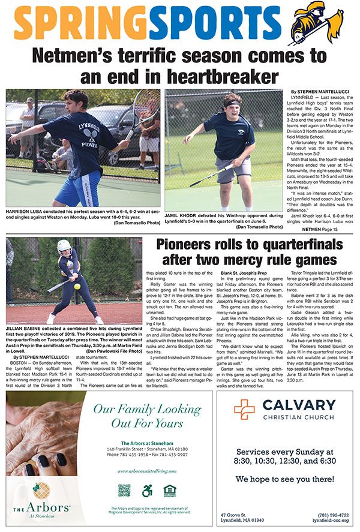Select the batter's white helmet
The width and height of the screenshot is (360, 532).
point(64,246)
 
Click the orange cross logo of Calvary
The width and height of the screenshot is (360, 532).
point(244,410)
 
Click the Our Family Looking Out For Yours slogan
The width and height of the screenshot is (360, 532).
point(146,416)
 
